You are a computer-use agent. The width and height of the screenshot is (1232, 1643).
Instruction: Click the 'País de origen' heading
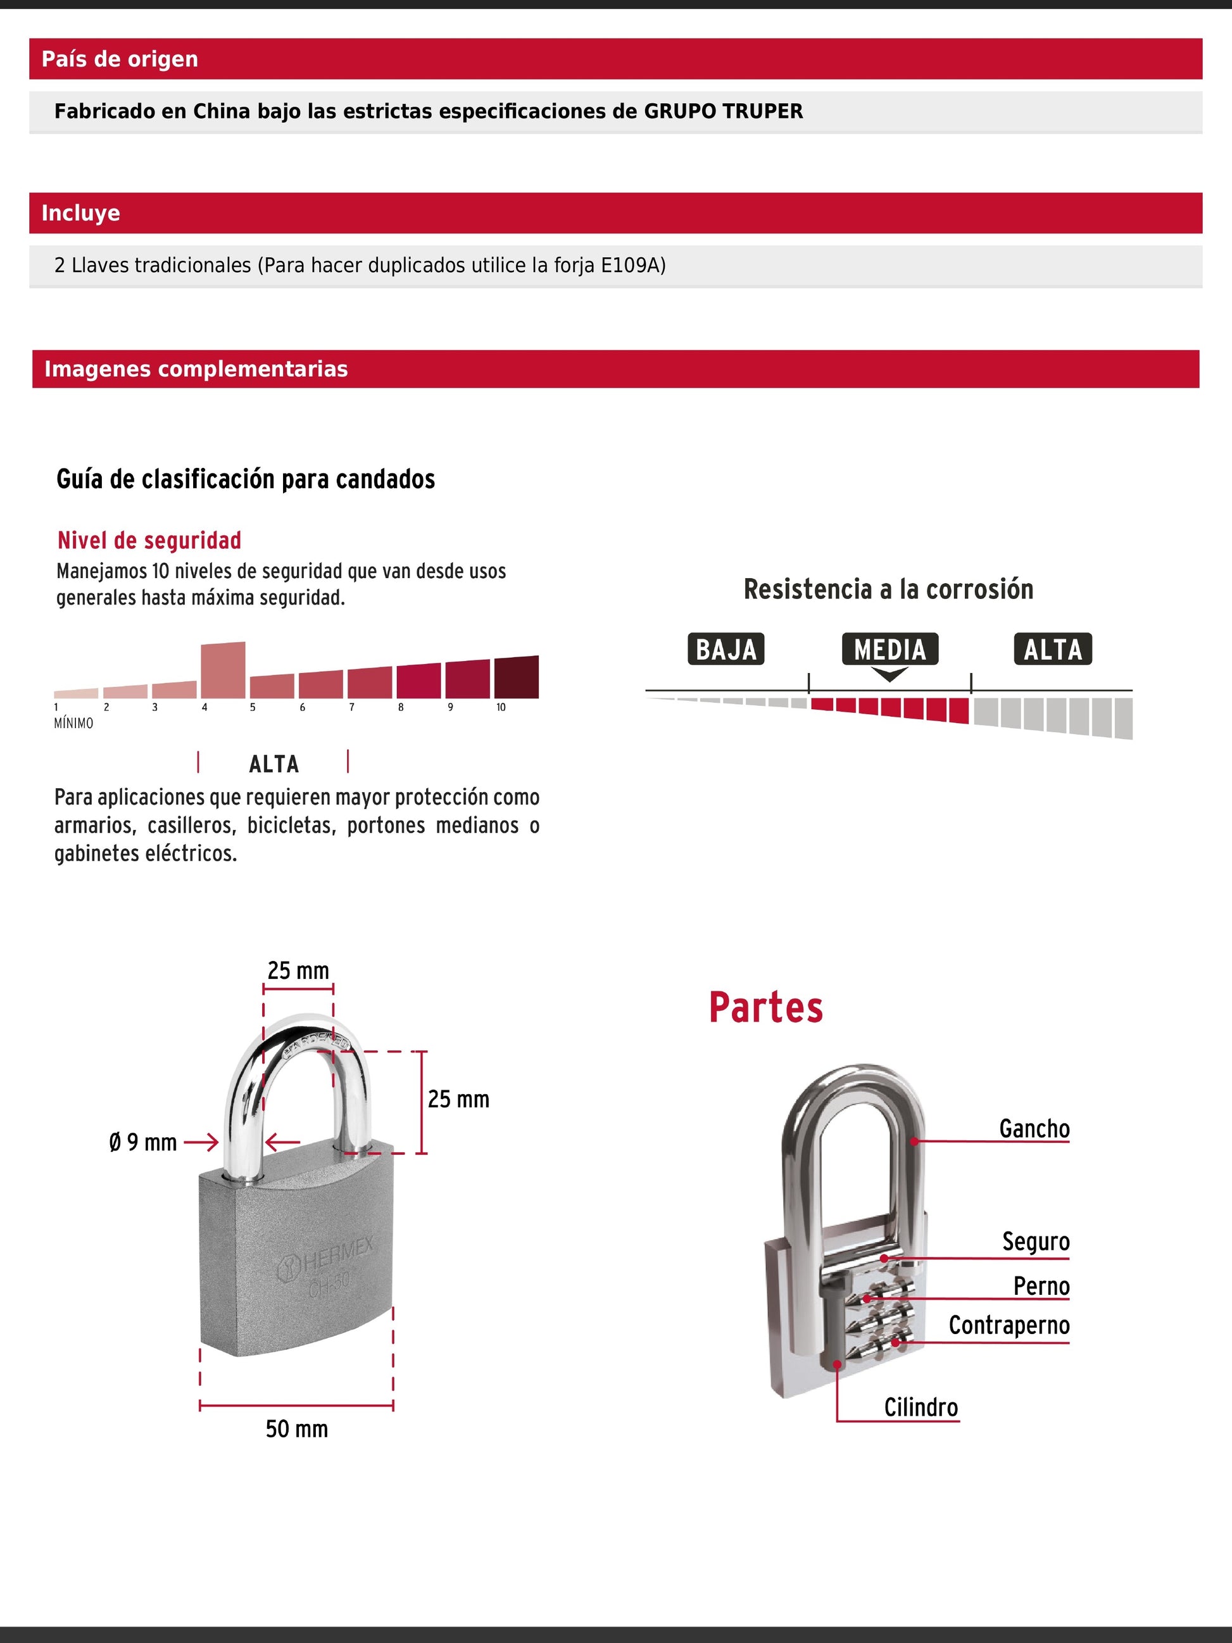tap(120, 60)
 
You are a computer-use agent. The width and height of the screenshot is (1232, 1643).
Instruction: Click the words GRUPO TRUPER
tap(722, 111)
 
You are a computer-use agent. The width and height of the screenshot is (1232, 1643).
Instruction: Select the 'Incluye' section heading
tap(80, 213)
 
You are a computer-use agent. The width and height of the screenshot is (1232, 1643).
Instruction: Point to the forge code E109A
tap(631, 265)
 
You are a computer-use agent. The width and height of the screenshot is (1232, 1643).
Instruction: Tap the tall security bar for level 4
tap(223, 670)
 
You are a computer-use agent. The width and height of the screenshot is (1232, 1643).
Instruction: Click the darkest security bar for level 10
tap(516, 677)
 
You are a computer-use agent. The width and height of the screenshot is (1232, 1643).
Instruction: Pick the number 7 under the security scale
tap(351, 707)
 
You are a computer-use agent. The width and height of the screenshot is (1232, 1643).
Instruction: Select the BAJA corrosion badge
tap(726, 649)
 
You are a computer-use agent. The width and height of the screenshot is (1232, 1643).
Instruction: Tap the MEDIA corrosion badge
tap(889, 649)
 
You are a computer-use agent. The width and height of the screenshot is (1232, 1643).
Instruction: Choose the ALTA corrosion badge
tap(1052, 649)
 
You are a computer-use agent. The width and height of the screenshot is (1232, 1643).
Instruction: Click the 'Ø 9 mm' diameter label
tap(142, 1142)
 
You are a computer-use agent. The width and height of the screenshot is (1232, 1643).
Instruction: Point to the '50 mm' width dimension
tap(296, 1428)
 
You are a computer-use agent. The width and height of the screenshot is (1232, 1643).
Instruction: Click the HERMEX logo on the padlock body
tap(327, 1258)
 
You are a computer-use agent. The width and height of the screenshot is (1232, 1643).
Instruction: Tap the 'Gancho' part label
tap(1034, 1128)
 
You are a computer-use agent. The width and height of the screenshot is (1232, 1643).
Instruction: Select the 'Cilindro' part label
tap(921, 1407)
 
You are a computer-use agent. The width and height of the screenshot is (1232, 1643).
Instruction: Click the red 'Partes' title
tap(765, 1008)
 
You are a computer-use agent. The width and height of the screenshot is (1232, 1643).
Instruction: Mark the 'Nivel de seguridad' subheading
tap(149, 540)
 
